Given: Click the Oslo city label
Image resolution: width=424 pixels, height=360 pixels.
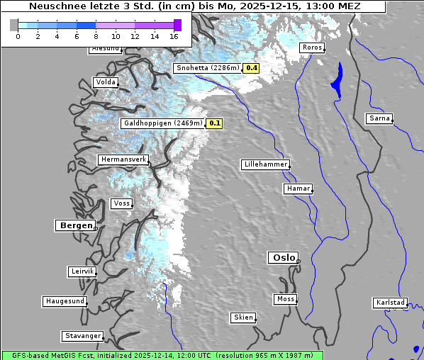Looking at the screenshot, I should (x=283, y=258).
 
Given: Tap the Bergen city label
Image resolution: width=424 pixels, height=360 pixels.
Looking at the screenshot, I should (x=74, y=225).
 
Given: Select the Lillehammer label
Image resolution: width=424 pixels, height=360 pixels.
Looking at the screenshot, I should (x=265, y=164).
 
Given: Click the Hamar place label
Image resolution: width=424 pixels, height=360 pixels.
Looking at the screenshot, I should (x=297, y=189).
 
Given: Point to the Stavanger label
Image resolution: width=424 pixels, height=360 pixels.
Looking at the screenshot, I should (x=82, y=336).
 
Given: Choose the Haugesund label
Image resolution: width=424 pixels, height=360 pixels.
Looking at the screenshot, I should (x=65, y=301).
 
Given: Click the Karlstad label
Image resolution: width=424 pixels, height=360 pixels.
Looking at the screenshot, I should (x=391, y=303).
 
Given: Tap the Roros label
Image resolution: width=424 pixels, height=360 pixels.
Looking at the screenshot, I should (x=312, y=47).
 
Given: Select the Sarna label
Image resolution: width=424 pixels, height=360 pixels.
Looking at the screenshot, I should (x=379, y=118).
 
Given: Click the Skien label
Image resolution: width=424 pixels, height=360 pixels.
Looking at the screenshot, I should (x=243, y=317).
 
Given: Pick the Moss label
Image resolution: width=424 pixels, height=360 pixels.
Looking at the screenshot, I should (x=285, y=299).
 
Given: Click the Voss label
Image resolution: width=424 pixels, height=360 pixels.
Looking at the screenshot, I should (x=121, y=203).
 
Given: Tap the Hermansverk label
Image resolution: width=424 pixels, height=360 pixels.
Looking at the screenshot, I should (x=123, y=159).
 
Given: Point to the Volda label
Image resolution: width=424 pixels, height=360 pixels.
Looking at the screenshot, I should (x=105, y=82).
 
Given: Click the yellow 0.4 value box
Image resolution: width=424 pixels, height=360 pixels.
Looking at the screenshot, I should (x=251, y=68).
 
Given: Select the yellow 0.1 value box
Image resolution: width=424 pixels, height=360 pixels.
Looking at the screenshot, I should (x=215, y=123).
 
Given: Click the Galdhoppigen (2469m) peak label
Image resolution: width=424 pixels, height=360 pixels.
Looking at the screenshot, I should (x=163, y=123).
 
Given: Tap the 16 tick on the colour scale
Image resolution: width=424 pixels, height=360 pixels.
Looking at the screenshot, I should (x=174, y=36).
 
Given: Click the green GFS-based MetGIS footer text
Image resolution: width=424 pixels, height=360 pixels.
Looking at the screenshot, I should (x=162, y=355).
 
